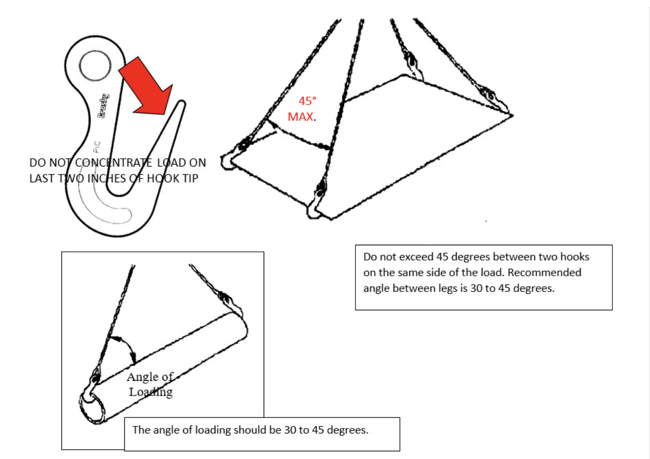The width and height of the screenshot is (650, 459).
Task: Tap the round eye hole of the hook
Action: tap(95, 65)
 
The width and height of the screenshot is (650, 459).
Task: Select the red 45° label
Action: tap(307, 101)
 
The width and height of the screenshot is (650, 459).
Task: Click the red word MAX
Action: tap(300, 117)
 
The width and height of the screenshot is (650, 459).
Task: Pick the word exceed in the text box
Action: tap(418, 257)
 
